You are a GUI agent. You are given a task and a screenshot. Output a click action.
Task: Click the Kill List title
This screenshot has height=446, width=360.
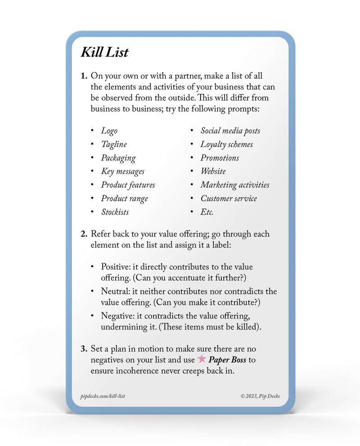coord(104,52)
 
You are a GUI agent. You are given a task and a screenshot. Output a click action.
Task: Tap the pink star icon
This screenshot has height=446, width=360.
coord(202,359)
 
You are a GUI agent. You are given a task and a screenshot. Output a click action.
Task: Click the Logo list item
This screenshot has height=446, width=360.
coord(109,131)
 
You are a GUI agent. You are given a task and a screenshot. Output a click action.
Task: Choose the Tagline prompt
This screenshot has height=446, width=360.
coord(114,144)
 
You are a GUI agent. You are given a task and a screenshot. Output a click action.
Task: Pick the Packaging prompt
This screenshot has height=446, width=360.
coord(118,158)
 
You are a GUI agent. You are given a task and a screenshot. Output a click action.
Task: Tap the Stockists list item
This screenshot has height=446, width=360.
coord(115,212)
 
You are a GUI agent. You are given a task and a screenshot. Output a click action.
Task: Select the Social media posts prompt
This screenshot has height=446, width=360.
coord(230,131)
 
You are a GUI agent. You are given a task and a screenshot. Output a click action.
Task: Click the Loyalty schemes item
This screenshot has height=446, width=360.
coord(226,144)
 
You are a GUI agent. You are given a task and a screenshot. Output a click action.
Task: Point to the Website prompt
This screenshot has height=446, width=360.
coord(213,171)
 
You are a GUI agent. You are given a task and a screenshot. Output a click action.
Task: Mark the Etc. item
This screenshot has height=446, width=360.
coord(207,212)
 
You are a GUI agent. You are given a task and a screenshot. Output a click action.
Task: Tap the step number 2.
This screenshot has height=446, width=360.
coord(84,234)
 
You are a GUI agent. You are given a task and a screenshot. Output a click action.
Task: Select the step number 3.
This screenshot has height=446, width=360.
coord(84,349)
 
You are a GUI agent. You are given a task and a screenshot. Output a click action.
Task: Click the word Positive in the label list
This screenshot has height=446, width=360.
coord(115,267)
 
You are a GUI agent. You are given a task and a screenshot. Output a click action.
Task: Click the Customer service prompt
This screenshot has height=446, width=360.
coord(229,198)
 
